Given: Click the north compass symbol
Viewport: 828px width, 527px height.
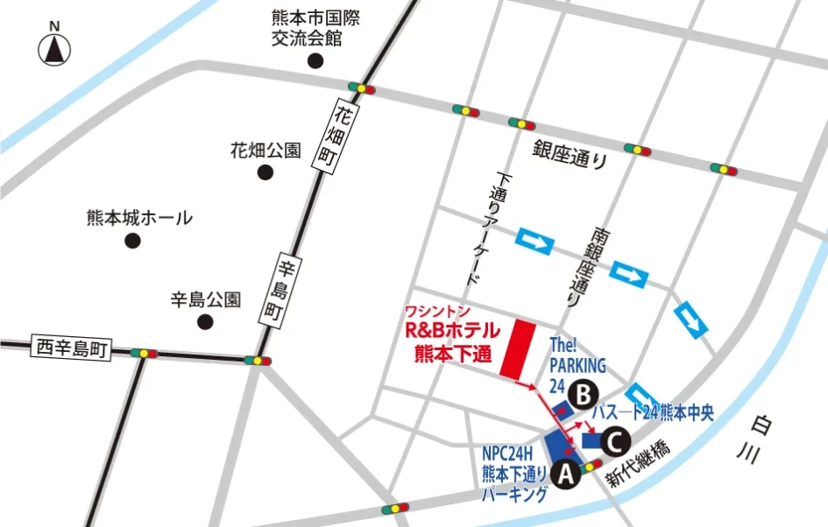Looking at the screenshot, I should (x=53, y=48).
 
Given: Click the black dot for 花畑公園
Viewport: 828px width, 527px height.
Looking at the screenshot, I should (x=265, y=172).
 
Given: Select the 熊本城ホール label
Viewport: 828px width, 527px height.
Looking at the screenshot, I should (x=139, y=217).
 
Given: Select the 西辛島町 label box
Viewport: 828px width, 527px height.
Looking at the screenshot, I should (x=70, y=348).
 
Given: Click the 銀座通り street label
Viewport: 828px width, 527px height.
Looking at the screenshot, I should (x=570, y=154).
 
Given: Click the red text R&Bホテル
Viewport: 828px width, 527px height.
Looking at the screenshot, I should (x=451, y=333).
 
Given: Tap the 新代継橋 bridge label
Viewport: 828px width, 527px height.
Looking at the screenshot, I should (x=641, y=467).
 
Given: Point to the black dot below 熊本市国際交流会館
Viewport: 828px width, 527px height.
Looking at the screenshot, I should (x=315, y=61).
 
